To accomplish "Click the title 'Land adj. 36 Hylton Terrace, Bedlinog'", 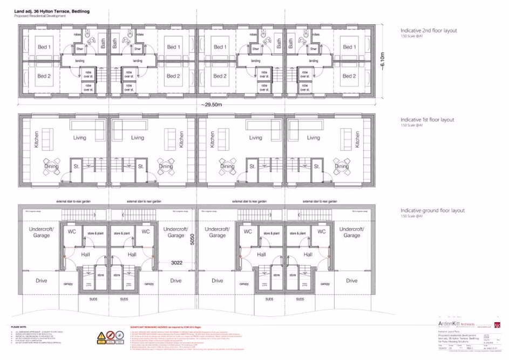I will (x=51, y=11).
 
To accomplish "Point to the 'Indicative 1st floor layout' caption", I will (x=427, y=119).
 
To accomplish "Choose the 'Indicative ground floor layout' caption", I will (x=432, y=210).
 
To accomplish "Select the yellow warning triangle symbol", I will (x=101, y=336).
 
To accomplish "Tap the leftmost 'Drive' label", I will (x=42, y=280).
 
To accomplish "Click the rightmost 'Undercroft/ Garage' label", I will (x=351, y=232).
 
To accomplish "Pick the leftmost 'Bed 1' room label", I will (x=44, y=47).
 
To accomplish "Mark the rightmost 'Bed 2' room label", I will (x=349, y=76).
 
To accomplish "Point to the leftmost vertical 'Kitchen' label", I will (x=37, y=140).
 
